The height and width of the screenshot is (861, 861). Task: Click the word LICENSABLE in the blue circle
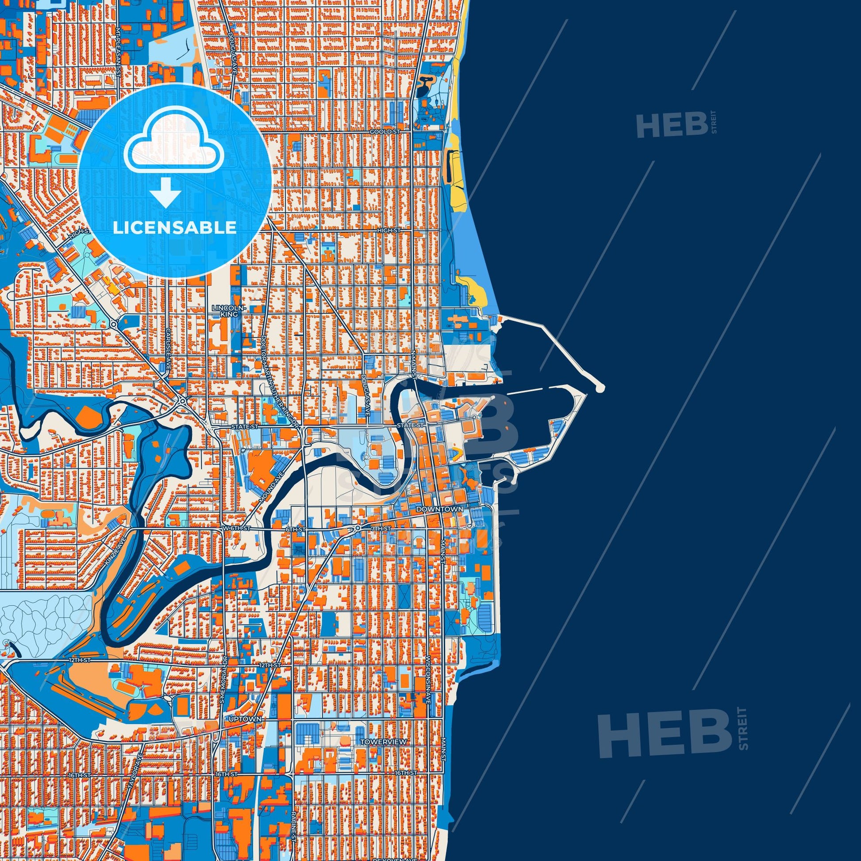pyautogui.click(x=174, y=228)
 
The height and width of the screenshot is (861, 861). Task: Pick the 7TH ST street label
pyautogui.click(x=381, y=529)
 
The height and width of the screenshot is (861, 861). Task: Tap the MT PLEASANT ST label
pyautogui.click(x=118, y=52)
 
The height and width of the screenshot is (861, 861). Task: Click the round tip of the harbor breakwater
pyautogui.click(x=599, y=388)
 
